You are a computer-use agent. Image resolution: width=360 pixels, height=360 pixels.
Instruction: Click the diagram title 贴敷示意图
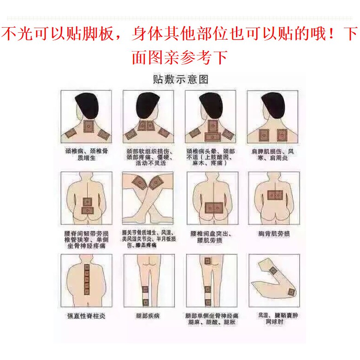(180, 79)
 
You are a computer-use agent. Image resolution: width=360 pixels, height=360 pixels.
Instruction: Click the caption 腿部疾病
(148, 316)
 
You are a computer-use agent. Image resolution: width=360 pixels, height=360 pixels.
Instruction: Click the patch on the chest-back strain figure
(274, 195)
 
